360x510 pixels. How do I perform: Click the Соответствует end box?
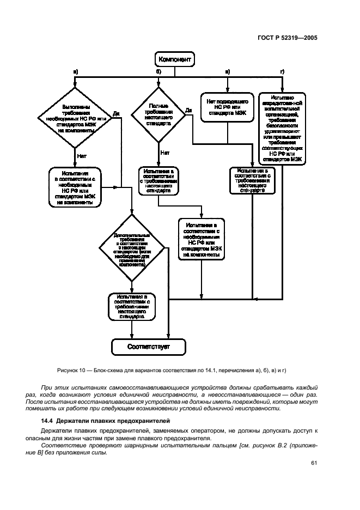pyautogui.click(x=149, y=346)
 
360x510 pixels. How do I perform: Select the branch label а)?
pyautogui.click(x=75, y=72)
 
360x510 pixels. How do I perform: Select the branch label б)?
pyautogui.click(x=158, y=72)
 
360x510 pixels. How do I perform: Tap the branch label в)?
pyautogui.click(x=228, y=72)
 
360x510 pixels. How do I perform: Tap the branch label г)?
pyautogui.click(x=282, y=72)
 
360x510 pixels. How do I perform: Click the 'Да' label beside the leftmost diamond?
pyautogui.click(x=116, y=114)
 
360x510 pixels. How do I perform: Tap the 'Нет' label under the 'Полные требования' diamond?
pyautogui.click(x=166, y=153)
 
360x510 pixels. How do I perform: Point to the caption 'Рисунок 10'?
pyautogui.click(x=71, y=371)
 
